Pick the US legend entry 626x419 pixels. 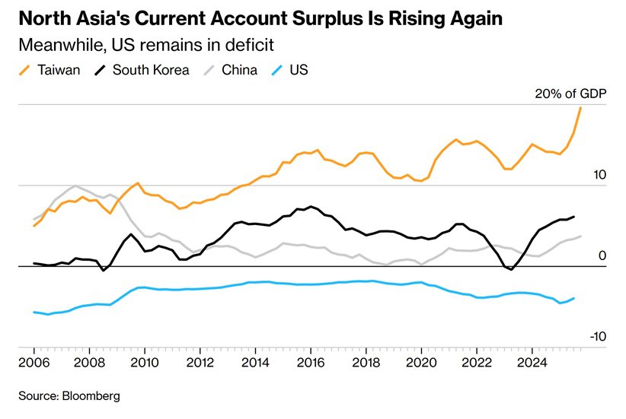(x=298, y=71)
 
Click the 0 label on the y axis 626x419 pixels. (x=602, y=256)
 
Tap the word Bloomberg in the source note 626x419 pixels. (x=92, y=396)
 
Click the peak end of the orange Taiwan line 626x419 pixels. (x=581, y=107)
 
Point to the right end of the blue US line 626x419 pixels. (x=573, y=298)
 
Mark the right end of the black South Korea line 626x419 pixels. (x=573, y=217)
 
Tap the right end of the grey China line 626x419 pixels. (x=581, y=236)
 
